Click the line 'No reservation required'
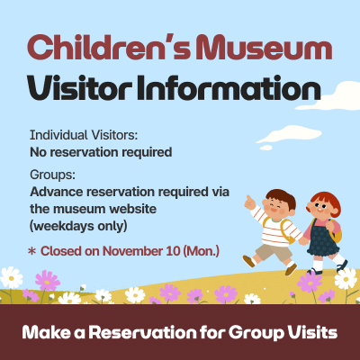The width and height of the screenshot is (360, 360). [x=101, y=151]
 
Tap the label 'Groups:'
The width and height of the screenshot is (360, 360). [x=52, y=175]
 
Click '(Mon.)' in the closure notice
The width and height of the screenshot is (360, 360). [x=202, y=248]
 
